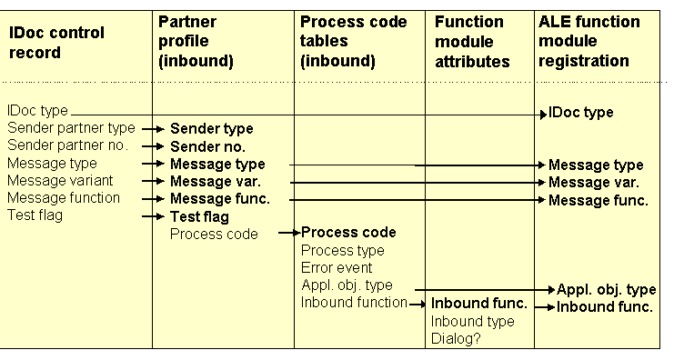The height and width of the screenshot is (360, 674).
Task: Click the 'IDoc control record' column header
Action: pos(55,43)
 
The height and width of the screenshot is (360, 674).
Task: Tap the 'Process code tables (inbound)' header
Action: pos(354,41)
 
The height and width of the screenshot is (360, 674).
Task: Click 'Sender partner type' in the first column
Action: pos(71,128)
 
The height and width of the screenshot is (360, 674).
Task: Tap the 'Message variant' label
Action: pos(60,180)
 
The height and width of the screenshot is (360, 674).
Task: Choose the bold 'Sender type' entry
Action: pos(211,129)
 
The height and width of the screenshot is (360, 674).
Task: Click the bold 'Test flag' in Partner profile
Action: pos(199,216)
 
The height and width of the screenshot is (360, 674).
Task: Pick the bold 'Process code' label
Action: pos(348,233)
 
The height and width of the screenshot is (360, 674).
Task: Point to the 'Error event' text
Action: pos(337,268)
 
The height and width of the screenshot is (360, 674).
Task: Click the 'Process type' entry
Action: pos(342,251)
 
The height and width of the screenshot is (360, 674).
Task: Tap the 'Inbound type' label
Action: pos(472,322)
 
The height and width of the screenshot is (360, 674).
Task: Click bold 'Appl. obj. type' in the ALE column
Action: pos(606,290)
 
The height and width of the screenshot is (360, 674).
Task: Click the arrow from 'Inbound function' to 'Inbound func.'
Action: pos(417,304)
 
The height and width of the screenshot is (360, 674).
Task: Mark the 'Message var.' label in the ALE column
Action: pos(592,183)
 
